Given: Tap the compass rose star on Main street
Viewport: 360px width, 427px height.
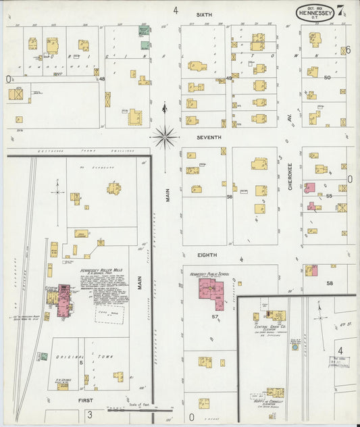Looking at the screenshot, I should click(163, 136).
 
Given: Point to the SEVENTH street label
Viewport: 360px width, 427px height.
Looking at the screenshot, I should click(209, 137).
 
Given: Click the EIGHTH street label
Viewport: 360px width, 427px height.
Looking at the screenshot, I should click(207, 255).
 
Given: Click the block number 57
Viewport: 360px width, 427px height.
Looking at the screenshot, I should click(215, 316).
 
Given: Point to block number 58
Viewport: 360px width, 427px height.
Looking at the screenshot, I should click(330, 283).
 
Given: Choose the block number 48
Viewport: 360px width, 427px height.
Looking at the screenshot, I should click(102, 79).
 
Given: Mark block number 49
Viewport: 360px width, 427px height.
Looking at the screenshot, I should click(229, 79).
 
